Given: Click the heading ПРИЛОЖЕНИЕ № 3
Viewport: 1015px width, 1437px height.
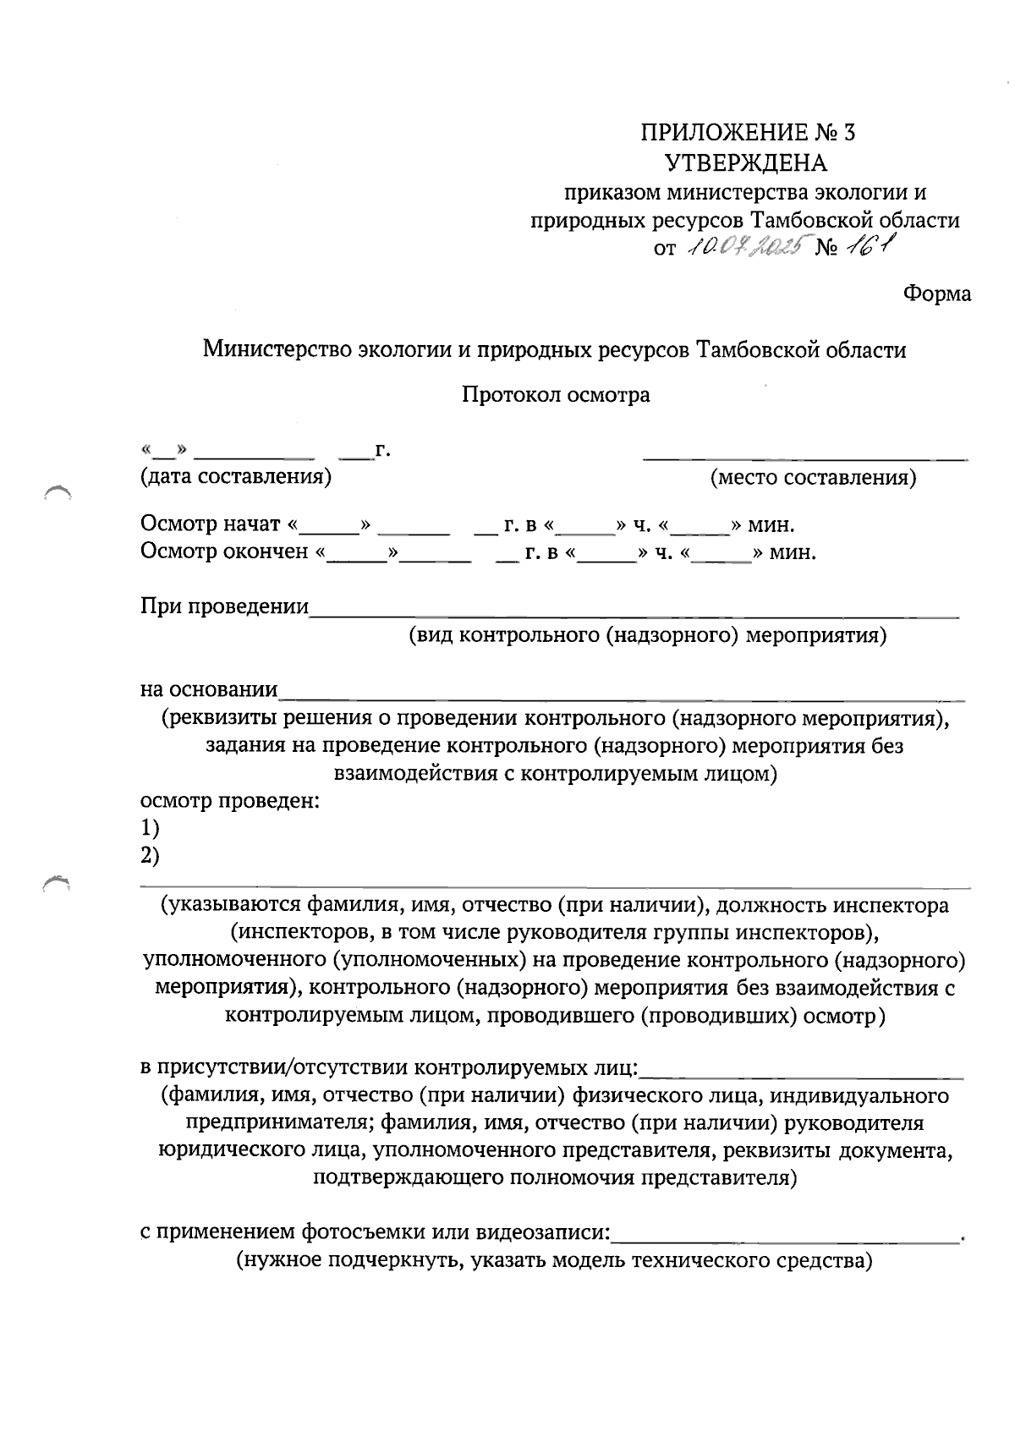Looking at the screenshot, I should [x=748, y=133].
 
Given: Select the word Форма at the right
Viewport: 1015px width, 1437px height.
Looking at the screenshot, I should [x=936, y=294].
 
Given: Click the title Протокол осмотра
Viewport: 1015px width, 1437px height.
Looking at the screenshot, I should [x=556, y=395].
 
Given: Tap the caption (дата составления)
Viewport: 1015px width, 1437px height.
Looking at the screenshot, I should [x=236, y=477].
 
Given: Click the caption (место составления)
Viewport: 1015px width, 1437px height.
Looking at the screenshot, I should [x=814, y=478].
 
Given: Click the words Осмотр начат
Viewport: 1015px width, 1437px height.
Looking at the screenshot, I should [x=211, y=524].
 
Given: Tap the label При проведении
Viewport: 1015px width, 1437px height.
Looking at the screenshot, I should [x=224, y=606].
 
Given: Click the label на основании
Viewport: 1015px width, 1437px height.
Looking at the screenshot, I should [x=209, y=689].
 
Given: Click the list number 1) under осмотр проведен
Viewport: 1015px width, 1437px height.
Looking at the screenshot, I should [x=150, y=827].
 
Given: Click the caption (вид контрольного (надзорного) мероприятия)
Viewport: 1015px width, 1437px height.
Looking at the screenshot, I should [x=647, y=635].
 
